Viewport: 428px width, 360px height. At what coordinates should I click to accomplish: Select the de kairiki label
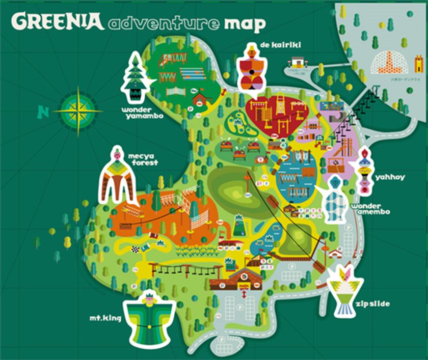(x=280, y=45)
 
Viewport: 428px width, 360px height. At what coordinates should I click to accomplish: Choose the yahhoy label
(x=390, y=177)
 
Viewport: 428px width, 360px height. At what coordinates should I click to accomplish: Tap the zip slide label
(x=374, y=304)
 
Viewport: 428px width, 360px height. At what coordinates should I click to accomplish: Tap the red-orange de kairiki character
(x=250, y=71)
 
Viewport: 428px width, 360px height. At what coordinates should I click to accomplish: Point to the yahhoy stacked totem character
(x=365, y=170)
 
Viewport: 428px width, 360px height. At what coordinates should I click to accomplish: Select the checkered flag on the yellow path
(x=136, y=249)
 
